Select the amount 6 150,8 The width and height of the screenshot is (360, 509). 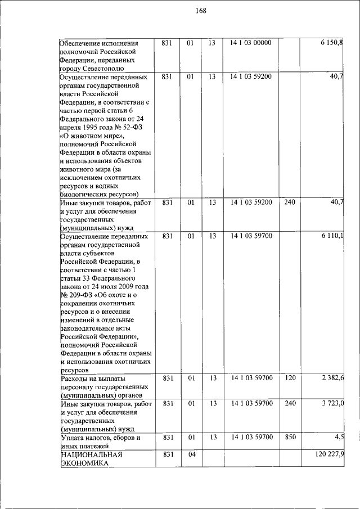[x=331, y=43]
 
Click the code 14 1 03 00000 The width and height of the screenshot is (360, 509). [x=251, y=43]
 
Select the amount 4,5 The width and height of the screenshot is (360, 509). [x=339, y=437]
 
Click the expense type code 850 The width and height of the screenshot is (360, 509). [x=290, y=437]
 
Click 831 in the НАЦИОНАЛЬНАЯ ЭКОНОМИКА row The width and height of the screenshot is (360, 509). [x=166, y=454]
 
